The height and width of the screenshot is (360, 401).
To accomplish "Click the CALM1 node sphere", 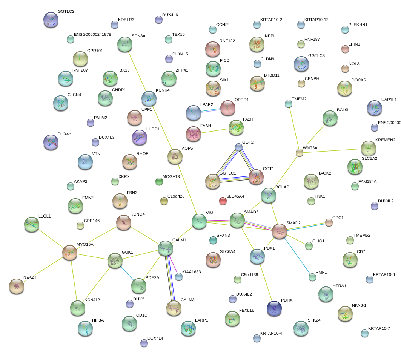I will [165, 248].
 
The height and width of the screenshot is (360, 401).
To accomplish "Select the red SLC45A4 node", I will [223, 201].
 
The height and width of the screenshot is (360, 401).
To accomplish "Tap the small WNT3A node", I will [299, 153].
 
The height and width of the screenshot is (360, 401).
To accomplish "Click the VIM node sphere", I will [199, 221].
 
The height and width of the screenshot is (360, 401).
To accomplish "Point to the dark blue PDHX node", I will [274, 308].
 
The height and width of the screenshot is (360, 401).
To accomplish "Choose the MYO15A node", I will [70, 252].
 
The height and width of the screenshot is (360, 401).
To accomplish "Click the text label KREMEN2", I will [385, 140].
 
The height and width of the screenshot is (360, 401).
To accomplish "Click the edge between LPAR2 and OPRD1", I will [211, 110].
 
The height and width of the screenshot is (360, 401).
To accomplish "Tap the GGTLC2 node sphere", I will [51, 20].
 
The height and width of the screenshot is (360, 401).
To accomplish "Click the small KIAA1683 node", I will [178, 277].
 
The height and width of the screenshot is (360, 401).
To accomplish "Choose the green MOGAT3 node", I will [159, 182].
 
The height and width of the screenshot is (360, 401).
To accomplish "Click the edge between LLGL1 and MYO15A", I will [51, 238].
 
